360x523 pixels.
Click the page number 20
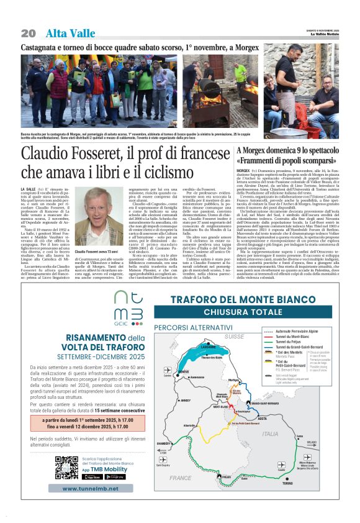click(x=29, y=33)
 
